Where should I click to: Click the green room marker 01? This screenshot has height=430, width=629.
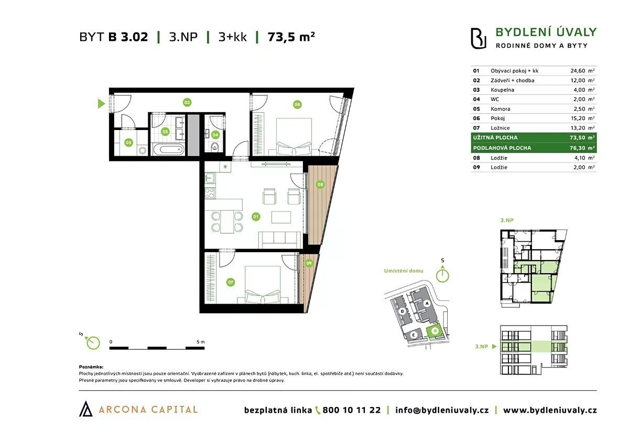coord(256,217)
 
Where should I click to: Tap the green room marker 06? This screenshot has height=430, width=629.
coord(297,104)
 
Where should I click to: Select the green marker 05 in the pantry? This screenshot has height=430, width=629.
coord(128,143)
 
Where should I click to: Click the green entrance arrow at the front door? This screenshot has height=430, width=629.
coord(101,104)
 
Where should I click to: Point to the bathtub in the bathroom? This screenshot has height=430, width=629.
coord(168,149)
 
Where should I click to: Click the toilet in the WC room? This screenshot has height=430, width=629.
coord(215,146)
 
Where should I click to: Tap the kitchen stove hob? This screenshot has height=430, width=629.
coord(210,193)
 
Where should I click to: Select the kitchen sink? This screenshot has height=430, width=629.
coord(210,178)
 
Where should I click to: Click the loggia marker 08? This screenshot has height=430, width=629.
coord(320,185)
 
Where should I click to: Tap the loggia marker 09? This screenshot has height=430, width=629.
coord(309,263)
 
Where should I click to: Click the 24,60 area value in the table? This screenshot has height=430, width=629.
coord(578,71)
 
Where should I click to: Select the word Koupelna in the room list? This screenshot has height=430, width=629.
coord(502,90)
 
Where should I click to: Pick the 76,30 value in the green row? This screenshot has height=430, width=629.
coord(578,148)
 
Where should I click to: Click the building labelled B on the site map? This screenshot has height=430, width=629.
coord(435,331)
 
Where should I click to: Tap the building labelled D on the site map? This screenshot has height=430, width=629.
coord(403,311)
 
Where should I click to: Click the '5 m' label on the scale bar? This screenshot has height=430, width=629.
coord(200,342)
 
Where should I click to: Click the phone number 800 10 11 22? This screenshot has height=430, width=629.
coord(352,410)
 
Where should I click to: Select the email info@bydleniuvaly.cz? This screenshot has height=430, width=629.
coord(442,411)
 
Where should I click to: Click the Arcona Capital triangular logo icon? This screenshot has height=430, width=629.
coord(85,408)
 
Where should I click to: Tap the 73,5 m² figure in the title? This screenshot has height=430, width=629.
coord(291,37)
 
